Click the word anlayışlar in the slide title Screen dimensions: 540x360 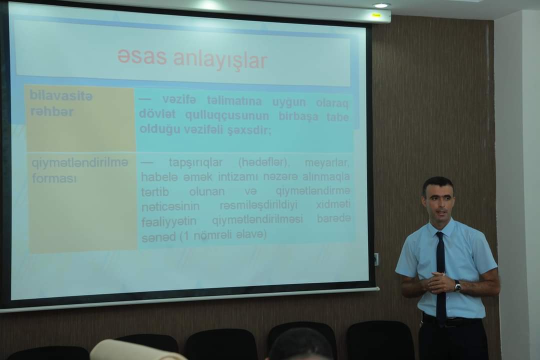[220, 60]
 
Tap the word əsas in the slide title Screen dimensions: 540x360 [142, 56]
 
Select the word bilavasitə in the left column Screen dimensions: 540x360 [61, 95]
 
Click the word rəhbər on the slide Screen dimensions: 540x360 [52, 111]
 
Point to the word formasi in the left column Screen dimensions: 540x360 [54, 178]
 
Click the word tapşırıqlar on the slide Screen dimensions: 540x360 [195, 162]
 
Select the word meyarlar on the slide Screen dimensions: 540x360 [327, 162]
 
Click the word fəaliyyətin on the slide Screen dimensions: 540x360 [169, 221]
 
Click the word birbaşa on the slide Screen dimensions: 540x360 [298, 116]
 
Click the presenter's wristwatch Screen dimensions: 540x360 [457, 286]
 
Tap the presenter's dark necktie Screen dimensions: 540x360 [441, 275]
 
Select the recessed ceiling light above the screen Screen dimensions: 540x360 [380, 5]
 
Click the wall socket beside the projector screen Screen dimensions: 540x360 [376, 259]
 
